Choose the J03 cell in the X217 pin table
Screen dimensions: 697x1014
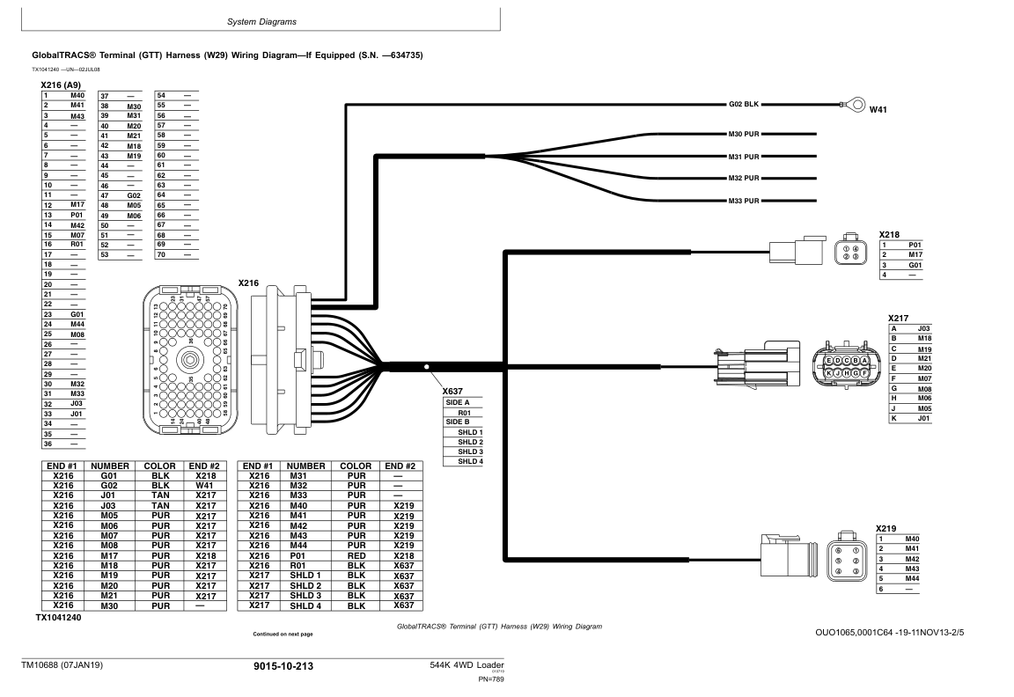(x=923, y=328)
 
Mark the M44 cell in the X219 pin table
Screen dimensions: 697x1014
(x=911, y=578)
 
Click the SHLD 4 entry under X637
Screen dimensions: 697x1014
(x=470, y=461)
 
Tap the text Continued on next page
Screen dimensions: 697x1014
(x=283, y=634)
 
